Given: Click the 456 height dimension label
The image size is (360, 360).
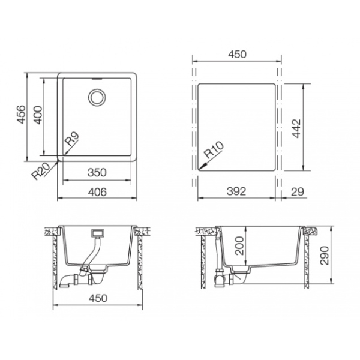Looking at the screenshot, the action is tap(21, 115).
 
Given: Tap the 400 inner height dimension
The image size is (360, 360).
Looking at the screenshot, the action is tap(38, 115).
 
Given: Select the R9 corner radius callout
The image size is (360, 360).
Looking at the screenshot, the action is tap(72, 139).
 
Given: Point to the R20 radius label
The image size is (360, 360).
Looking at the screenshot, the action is tap(40, 171).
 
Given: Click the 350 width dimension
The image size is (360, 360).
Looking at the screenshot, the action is tap(97, 173).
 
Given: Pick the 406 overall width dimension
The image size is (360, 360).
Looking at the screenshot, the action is tap(97, 192).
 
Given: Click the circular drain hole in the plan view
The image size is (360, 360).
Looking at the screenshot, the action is tap(97, 97).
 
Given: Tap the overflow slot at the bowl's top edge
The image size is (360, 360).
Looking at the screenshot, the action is tap(97, 79).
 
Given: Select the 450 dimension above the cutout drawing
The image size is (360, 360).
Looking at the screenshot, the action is tap(237, 54).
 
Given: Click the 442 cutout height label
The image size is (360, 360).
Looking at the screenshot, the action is tap(296, 128).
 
